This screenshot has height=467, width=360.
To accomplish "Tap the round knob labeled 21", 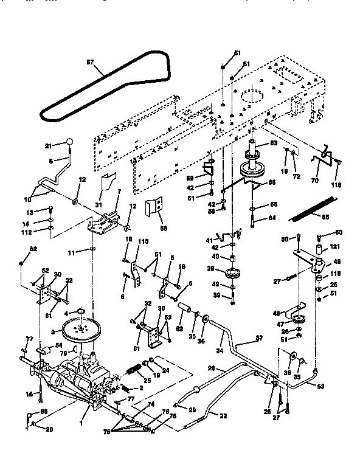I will click(70, 142).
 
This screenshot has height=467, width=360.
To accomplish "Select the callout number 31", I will click(97, 204).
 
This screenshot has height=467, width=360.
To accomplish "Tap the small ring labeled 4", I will click(78, 313).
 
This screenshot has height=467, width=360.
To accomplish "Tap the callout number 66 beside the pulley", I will click(271, 182).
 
